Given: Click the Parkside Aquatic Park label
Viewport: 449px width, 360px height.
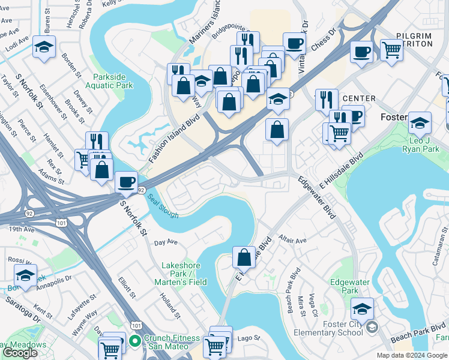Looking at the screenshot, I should [113, 82].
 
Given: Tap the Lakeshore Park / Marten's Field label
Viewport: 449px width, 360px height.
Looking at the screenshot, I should [184, 274].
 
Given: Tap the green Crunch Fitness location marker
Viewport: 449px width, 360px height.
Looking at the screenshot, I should [135, 342].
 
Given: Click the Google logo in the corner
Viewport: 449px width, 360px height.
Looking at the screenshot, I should [19, 353].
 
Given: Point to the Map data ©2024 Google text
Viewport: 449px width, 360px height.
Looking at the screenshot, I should [412, 355].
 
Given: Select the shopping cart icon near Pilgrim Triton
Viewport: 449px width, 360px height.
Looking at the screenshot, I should [391, 50].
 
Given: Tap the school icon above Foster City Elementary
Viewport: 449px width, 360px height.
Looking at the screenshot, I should [362, 308].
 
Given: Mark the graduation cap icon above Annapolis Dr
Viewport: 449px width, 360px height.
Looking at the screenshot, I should [25, 275].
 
